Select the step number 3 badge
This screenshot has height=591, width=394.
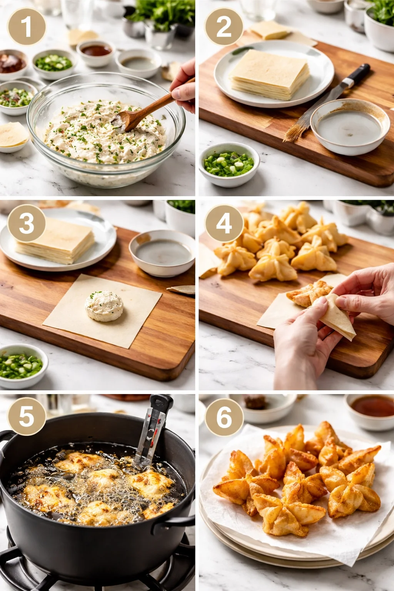[27, 224]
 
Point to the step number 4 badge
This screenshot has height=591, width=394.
[224, 224]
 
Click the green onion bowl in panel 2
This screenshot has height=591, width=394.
[229, 164]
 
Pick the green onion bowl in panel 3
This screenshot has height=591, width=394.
[21, 366]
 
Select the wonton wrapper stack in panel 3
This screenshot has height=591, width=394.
[55, 240]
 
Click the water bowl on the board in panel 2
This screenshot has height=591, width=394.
[350, 127]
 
